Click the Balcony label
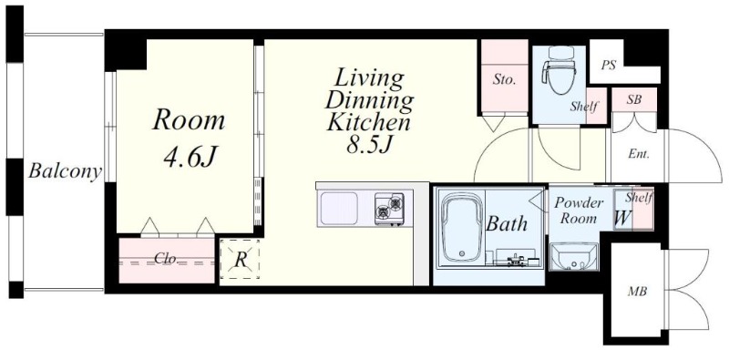pyautogui.click(x=65, y=171)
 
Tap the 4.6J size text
pyautogui.click(x=190, y=157)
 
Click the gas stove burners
pyautogui.click(x=390, y=208)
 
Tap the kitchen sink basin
pyautogui.click(x=339, y=209)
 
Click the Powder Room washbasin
pyautogui.click(x=573, y=256)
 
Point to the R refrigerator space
pyautogui.click(x=240, y=259)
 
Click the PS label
pyautogui.click(x=609, y=66)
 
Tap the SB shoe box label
pyautogui.click(x=632, y=99)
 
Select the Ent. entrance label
pyautogui.click(x=639, y=154)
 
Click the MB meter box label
pyautogui.click(x=637, y=292)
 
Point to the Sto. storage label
pyautogui.click(x=505, y=80)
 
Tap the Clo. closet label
pyautogui.click(x=166, y=259)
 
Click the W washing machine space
pyautogui.click(x=622, y=217)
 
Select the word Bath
pyautogui.click(x=507, y=223)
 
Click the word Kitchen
pyautogui.click(x=369, y=123)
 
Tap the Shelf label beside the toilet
pyautogui.click(x=584, y=107)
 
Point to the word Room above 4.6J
pyautogui.click(x=189, y=120)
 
